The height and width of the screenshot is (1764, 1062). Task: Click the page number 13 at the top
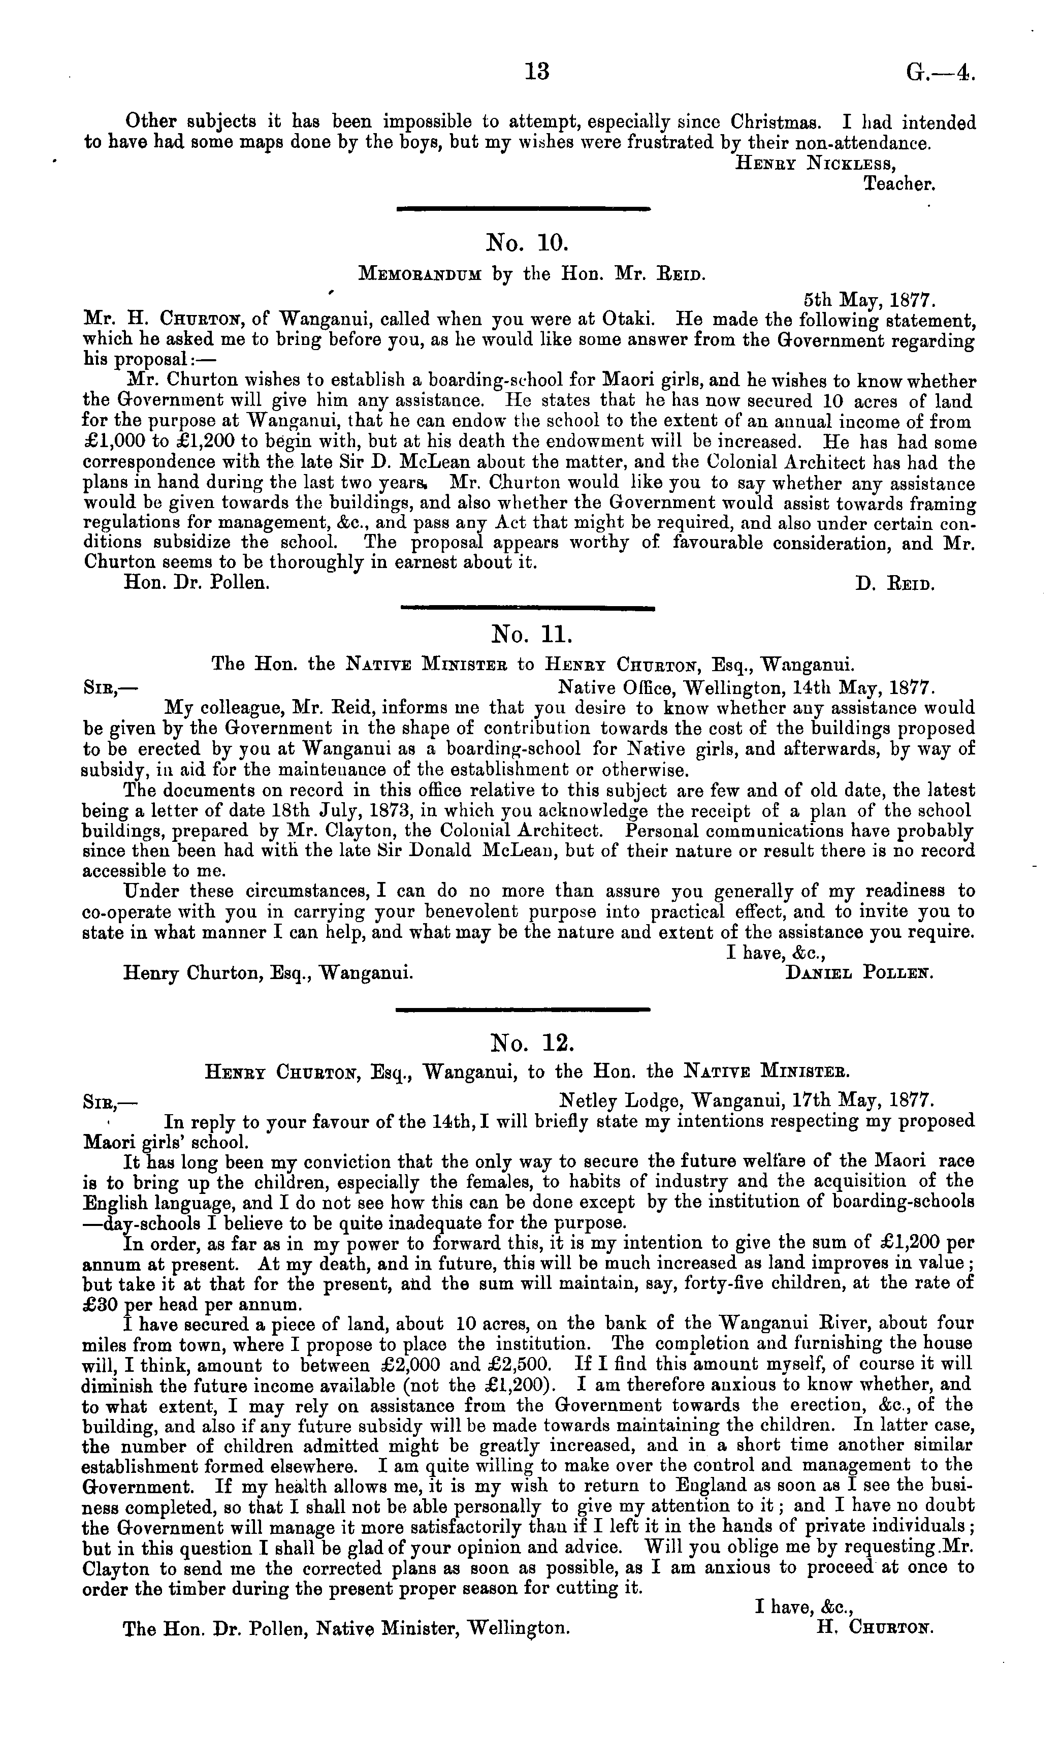point(537,72)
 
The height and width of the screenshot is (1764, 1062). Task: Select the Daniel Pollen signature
point(859,973)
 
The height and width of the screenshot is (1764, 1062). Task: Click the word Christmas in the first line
point(766,122)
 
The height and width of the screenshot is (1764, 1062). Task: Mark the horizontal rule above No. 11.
point(528,608)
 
